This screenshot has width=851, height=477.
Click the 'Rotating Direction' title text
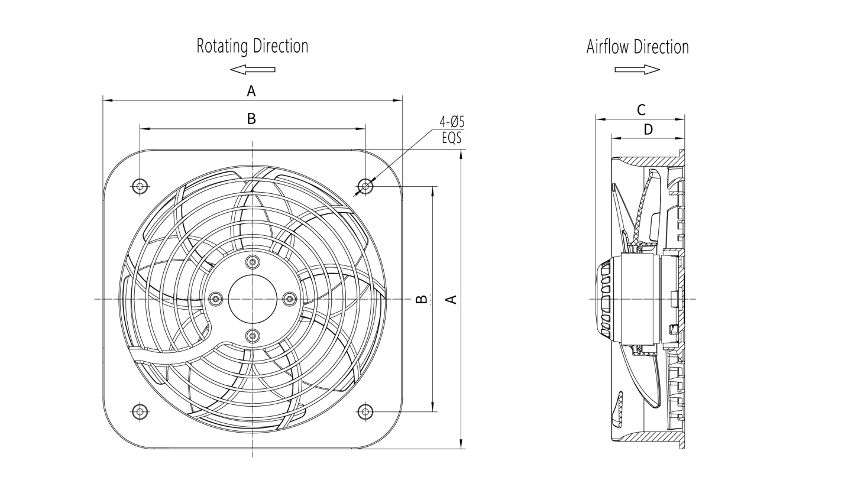(253, 47)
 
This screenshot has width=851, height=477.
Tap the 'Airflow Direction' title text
(638, 47)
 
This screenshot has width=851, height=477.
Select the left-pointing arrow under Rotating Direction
(253, 70)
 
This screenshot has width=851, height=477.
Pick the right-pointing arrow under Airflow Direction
(637, 70)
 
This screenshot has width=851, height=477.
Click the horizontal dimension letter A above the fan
(251, 92)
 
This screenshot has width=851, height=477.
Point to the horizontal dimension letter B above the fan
(251, 119)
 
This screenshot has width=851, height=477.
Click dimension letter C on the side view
(640, 110)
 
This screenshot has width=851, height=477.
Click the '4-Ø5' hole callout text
(452, 122)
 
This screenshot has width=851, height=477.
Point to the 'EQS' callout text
(452, 138)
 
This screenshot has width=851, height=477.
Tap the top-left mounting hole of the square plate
(140, 186)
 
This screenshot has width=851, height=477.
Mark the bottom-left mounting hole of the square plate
(140, 410)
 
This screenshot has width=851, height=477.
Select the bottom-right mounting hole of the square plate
(366, 410)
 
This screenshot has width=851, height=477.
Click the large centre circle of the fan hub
(253, 298)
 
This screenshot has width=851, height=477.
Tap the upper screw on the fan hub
(253, 262)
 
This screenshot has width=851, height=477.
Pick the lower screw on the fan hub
(253, 336)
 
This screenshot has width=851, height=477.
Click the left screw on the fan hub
(216, 298)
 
